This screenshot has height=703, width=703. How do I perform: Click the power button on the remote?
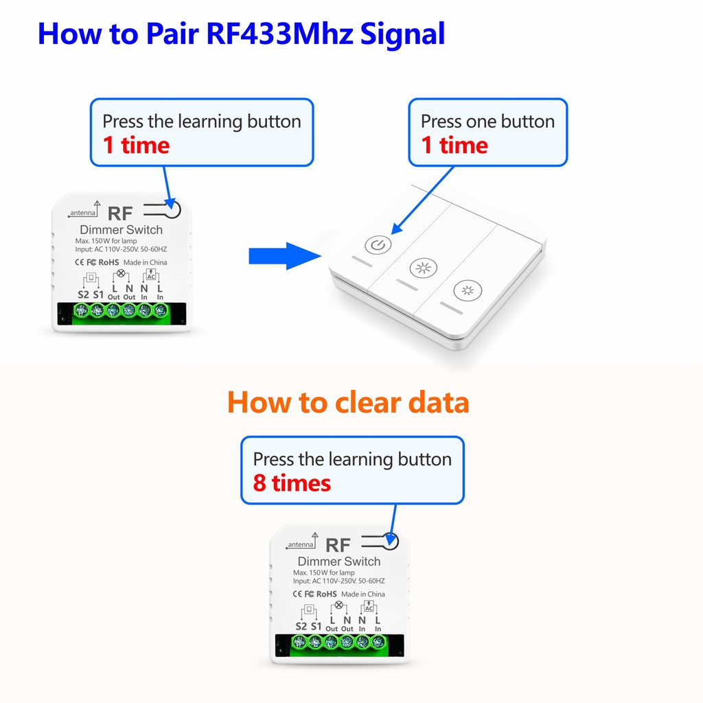pos(378,245)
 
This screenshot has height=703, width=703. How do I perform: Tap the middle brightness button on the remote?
pos(423,268)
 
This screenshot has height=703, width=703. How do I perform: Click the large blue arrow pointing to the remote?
pos(285,256)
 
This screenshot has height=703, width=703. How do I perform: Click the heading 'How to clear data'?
pos(348,402)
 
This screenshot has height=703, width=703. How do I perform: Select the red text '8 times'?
pos(292,483)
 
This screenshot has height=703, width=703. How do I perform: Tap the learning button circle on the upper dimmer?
pos(172,209)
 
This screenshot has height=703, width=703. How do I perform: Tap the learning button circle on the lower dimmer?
pos(391,541)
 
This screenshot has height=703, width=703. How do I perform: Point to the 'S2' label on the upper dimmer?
pos(83,295)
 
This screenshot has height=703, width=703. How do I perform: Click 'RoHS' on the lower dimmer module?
pos(326,594)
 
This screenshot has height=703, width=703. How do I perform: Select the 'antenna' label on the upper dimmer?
pos(83,213)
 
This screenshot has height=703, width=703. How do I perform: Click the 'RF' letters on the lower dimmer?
pos(338,545)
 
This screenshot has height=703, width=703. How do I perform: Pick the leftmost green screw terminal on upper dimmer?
pos(81,310)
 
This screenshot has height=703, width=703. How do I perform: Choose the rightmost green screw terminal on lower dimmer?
pos(378,642)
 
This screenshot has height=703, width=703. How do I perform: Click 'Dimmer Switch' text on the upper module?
pos(121,229)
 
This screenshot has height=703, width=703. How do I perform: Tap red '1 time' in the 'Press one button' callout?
pos(454,146)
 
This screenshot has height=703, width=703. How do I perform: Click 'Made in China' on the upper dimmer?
pos(146,262)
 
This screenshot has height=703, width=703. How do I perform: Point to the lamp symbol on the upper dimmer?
pos(121,273)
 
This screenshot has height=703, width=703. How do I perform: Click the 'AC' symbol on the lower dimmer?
pos(369,607)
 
